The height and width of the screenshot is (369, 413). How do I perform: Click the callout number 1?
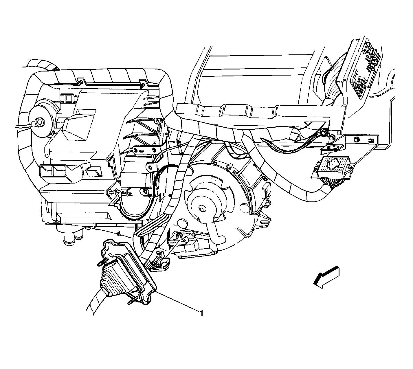201,313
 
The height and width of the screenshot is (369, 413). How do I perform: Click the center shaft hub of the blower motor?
202,209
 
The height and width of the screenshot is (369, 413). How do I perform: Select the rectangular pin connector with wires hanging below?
332,168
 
